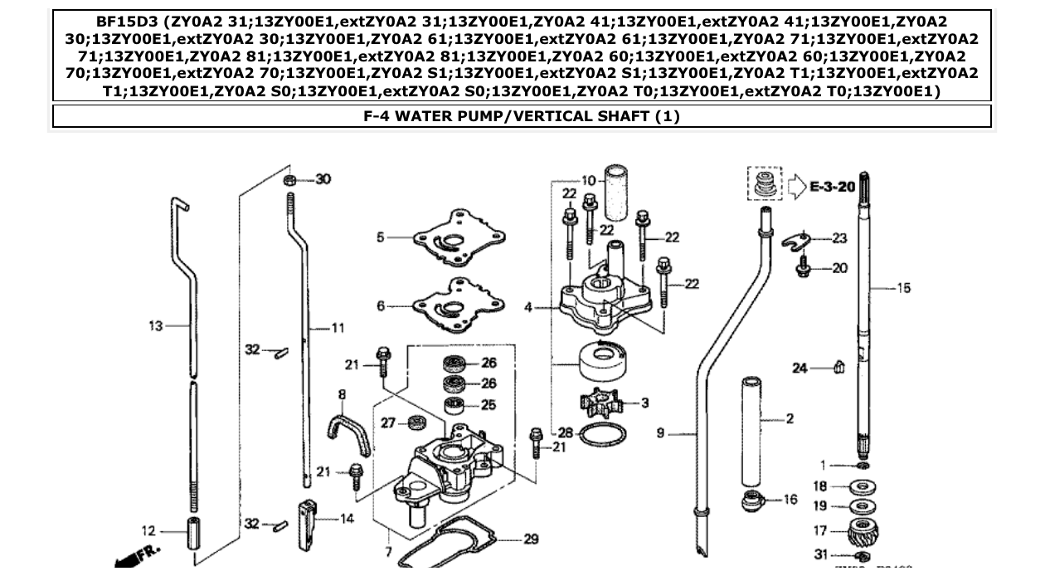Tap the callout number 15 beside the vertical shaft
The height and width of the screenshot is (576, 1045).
pos(903,288)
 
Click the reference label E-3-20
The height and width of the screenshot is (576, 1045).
pos(832,188)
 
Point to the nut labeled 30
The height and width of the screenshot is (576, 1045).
pos(290,180)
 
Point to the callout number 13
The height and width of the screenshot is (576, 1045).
pos(156,326)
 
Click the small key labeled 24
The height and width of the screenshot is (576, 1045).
pos(838,367)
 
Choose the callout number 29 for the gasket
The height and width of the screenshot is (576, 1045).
pos(531,539)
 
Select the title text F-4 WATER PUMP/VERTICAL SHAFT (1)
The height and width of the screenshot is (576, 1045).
pos(522,116)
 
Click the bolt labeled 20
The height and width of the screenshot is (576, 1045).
pos(803,268)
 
